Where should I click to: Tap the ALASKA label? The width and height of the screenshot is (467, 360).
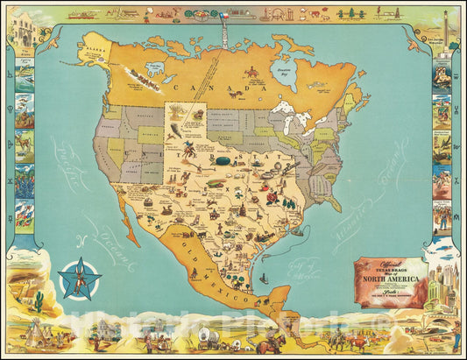tap(95, 52)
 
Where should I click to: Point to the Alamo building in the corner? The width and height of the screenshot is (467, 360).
tap(24, 27)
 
